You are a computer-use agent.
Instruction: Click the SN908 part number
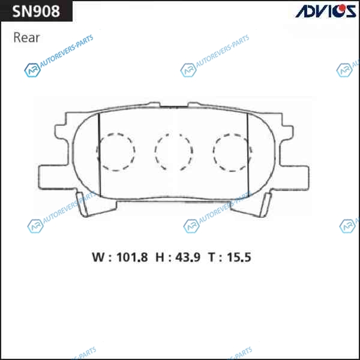pos(36,11)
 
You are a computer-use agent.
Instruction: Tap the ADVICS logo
pos(326,11)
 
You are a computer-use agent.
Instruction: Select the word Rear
pos(26,38)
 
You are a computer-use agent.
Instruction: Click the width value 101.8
pos(132,257)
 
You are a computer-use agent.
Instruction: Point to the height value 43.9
pos(188,257)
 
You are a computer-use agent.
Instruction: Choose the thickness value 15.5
pos(239,257)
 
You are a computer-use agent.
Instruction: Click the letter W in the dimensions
pos(98,257)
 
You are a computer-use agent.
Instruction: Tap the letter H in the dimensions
pos(160,257)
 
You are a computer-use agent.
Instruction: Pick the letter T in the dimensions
pos(212,257)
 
